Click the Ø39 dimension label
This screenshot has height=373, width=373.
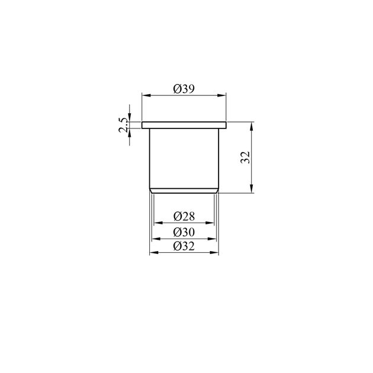(x=184, y=89)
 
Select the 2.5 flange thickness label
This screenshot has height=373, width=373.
(x=124, y=126)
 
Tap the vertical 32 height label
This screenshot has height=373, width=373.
(x=245, y=157)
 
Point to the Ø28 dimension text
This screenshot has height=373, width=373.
(x=184, y=216)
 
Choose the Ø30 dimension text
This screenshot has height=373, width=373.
(x=184, y=232)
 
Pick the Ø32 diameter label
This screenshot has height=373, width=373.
(x=184, y=246)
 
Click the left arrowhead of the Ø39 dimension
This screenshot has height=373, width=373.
(x=146, y=95)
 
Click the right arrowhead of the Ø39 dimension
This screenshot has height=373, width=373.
(x=221, y=95)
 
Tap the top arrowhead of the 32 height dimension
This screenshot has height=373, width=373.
(x=252, y=126)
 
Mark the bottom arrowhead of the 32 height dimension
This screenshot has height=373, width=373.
(x=252, y=189)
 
